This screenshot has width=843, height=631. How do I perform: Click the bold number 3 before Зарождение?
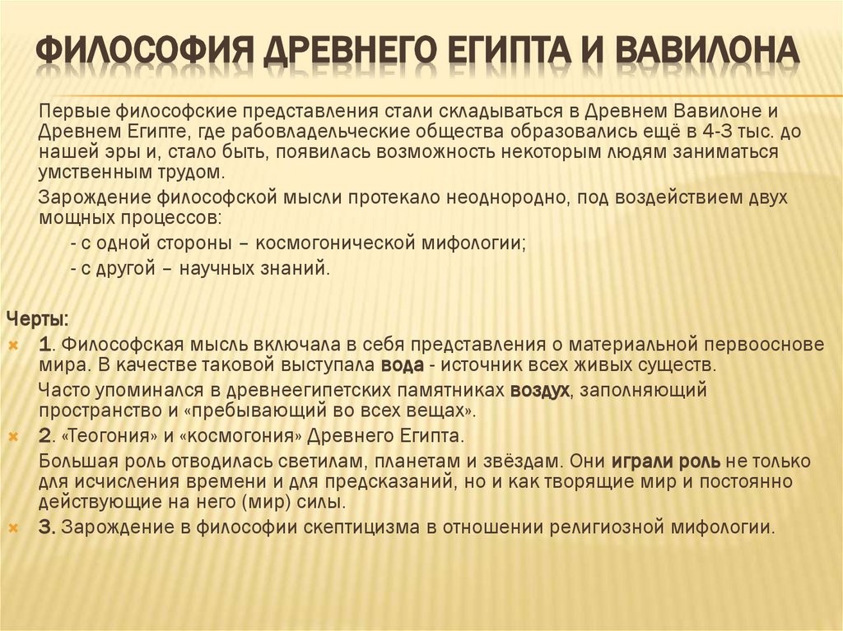(46, 527)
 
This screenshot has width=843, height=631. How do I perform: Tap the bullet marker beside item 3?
(15, 527)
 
